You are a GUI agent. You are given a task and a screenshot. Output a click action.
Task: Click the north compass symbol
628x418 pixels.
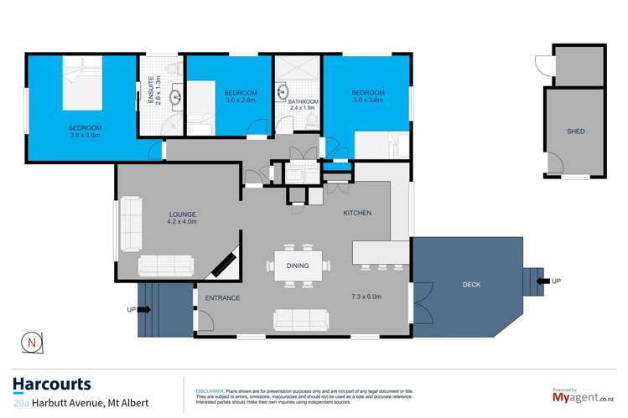pos(31,342)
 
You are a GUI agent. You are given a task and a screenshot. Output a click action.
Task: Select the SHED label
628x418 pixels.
pos(575,132)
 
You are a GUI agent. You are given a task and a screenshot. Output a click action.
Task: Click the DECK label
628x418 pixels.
pos(472,285)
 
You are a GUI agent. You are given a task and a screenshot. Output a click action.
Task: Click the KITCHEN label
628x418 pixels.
pos(356,214)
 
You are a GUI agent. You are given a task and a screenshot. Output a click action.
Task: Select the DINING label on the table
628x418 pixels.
pos(297,266)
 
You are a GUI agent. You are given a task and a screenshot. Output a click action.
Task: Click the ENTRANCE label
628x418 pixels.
pos(222,297)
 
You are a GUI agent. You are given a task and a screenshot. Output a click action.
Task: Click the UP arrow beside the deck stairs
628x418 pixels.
pos(544,281)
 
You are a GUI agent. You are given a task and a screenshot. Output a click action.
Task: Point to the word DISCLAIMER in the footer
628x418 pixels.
pos(209,390)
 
